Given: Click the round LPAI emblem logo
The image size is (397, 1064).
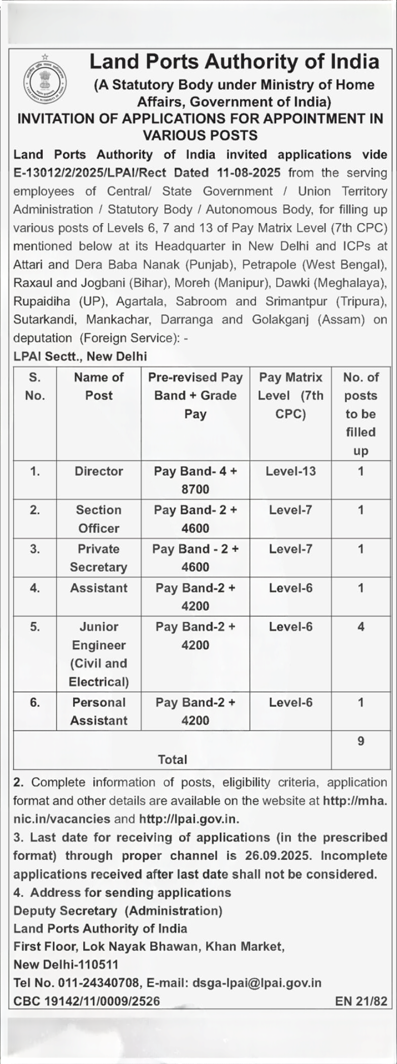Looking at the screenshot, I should [45, 83].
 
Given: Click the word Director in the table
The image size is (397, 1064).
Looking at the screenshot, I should [98, 471].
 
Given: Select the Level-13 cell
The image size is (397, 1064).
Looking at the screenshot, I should [290, 471].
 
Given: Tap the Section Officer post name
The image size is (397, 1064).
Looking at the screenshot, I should [98, 519].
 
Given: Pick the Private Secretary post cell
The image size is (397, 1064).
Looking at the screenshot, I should [98, 558].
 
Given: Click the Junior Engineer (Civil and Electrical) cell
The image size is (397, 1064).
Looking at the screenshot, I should [98, 654].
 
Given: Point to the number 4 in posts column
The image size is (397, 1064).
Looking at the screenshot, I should [360, 627].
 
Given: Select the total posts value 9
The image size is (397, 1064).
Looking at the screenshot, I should [360, 741].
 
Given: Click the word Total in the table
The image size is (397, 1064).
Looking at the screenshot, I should [173, 759].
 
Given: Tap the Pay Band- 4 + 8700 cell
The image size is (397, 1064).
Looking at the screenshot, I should [195, 480].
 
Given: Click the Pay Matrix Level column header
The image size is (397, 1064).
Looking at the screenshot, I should [290, 395].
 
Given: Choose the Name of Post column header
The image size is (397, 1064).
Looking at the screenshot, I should [98, 386].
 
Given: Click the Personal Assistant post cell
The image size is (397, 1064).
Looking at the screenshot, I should [98, 711].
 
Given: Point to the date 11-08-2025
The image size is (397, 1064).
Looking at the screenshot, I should [249, 173].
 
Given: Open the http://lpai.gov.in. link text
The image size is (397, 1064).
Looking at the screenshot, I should [189, 819].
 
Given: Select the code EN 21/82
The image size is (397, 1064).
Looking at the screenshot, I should [361, 1000].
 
